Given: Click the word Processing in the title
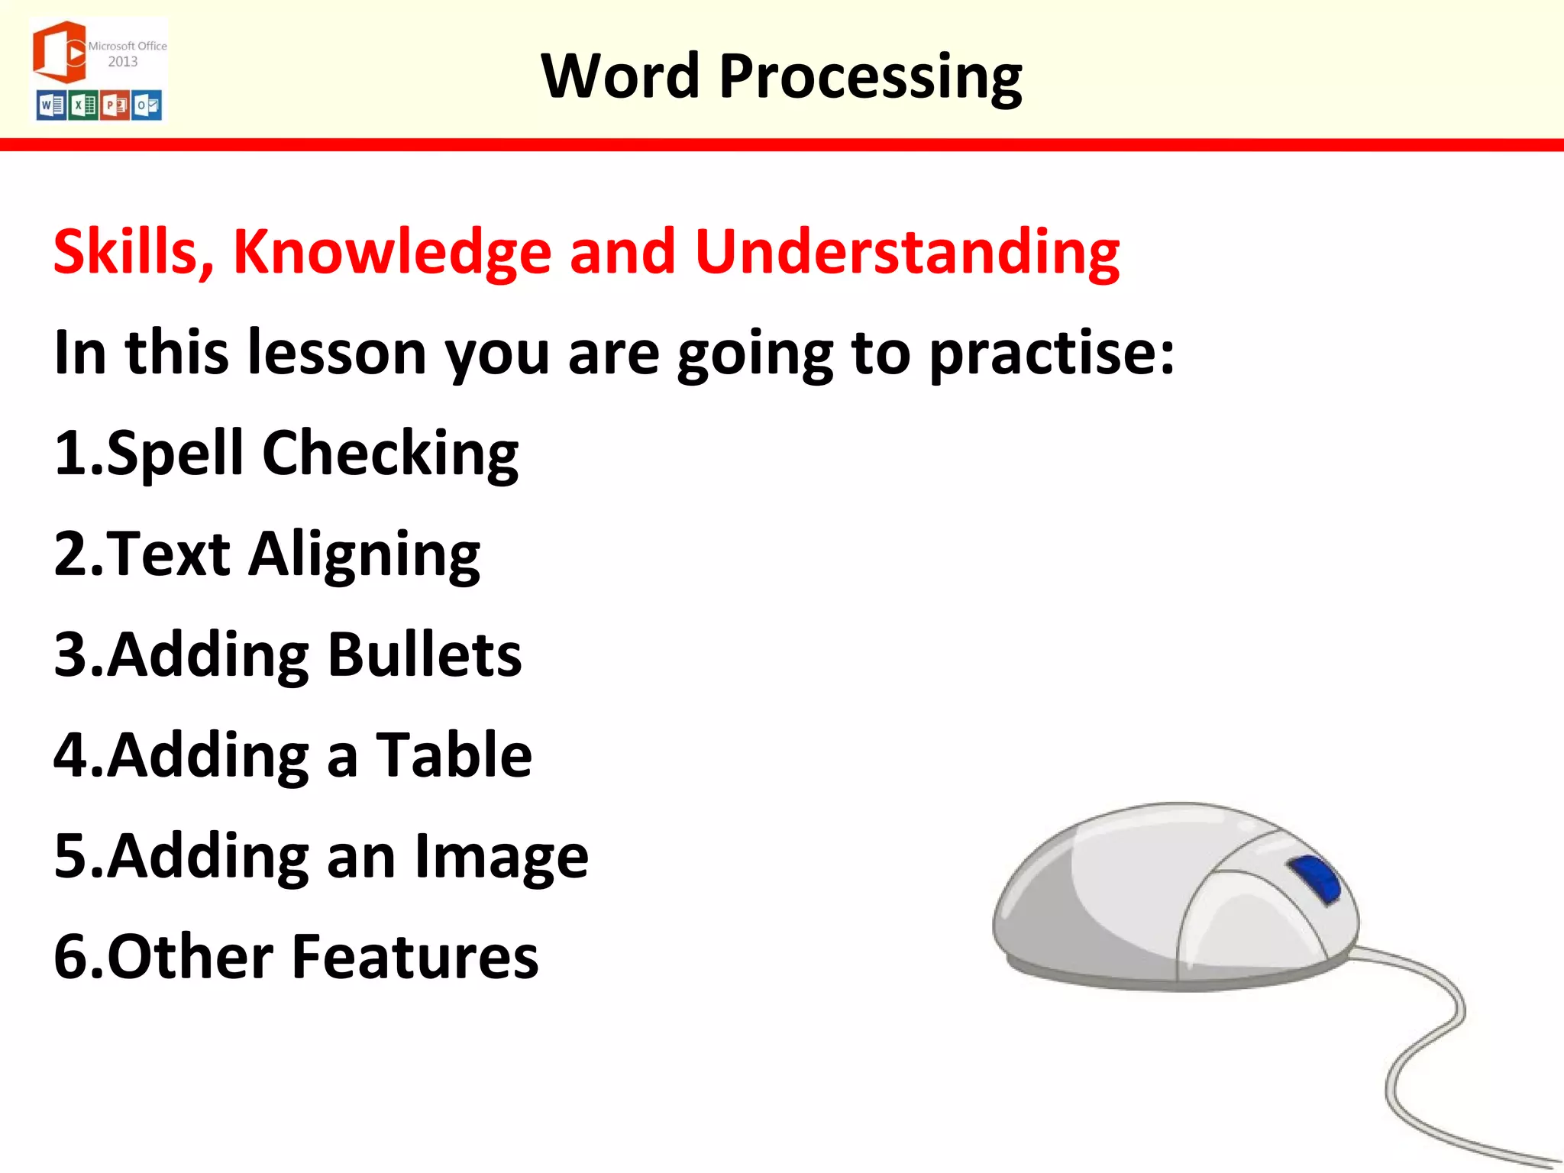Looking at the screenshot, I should (x=870, y=76).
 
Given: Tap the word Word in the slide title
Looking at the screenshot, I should (x=620, y=76).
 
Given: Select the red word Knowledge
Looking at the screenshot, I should (x=392, y=252).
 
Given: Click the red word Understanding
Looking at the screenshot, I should (x=906, y=252).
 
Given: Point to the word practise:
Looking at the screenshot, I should (x=1052, y=353).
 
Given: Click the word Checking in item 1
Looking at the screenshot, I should (x=390, y=454).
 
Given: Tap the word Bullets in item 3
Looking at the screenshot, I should (x=425, y=655).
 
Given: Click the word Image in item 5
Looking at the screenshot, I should (x=501, y=857).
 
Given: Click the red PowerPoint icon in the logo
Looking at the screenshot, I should (x=115, y=105).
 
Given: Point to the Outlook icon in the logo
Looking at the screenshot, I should (x=147, y=105).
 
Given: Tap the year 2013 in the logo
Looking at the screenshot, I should (x=123, y=62).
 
